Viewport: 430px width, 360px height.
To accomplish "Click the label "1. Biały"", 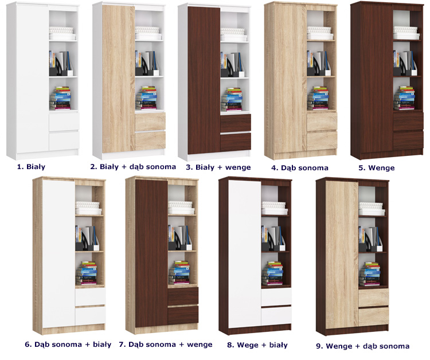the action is pyautogui.click(x=32, y=167).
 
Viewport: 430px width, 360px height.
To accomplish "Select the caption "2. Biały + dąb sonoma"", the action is pyautogui.click(x=133, y=167).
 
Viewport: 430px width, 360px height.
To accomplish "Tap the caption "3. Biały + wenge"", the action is pyautogui.click(x=218, y=167).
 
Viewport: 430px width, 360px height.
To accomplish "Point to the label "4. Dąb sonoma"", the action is pyautogui.click(x=300, y=168).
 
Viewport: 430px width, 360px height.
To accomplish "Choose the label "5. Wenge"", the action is pyautogui.click(x=377, y=168).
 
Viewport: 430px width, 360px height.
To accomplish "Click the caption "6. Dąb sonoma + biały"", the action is pyautogui.click(x=68, y=345).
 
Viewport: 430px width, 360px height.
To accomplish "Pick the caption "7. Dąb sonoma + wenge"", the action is pyautogui.click(x=166, y=345).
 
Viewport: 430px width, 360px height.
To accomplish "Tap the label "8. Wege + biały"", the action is pyautogui.click(x=257, y=345).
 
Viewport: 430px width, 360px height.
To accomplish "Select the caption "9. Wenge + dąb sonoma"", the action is pyautogui.click(x=362, y=346).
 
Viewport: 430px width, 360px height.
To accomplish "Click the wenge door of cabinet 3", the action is pyautogui.click(x=204, y=80).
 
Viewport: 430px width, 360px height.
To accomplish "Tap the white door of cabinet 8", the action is pyautogui.click(x=245, y=254).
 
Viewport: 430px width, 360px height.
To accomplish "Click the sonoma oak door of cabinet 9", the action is pyautogui.click(x=342, y=254).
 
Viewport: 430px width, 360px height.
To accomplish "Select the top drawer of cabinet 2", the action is pyautogui.click(x=150, y=122).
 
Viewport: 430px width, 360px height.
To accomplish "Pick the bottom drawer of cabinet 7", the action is pyautogui.click(x=183, y=315).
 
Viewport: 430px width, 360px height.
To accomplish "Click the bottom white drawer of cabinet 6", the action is pyautogui.click(x=90, y=316).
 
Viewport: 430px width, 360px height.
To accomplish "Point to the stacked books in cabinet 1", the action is pyautogui.click(x=60, y=98).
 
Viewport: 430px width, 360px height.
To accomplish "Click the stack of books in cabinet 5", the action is pyautogui.click(x=404, y=98).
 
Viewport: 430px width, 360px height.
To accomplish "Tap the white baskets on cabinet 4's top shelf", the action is pyautogui.click(x=320, y=33).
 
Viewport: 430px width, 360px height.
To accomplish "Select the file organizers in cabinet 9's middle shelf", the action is pyautogui.click(x=370, y=239).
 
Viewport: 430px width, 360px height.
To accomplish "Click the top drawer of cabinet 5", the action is pyautogui.click(x=408, y=121).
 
